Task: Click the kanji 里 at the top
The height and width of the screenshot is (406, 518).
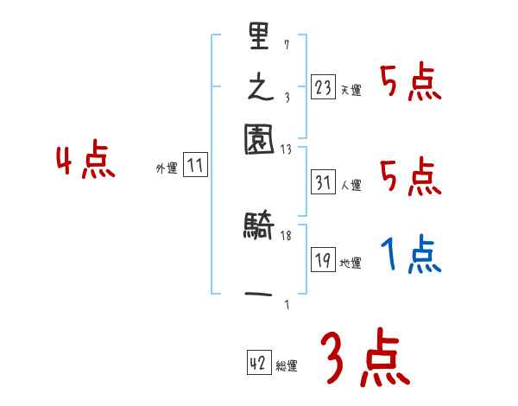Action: (x=259, y=38)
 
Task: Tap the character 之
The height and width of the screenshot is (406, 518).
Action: (x=259, y=87)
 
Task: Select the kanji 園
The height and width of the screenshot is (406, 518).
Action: (x=259, y=137)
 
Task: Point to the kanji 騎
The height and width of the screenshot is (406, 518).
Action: (x=259, y=227)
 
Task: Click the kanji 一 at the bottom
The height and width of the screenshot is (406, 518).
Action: (x=259, y=295)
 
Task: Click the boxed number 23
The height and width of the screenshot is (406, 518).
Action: (x=324, y=88)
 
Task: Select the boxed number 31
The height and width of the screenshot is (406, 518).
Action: (x=324, y=183)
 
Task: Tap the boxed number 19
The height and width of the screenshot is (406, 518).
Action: (x=324, y=261)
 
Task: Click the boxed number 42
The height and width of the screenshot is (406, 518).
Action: (x=257, y=364)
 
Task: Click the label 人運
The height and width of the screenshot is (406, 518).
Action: (x=351, y=185)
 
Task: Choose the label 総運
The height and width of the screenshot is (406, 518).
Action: (x=286, y=366)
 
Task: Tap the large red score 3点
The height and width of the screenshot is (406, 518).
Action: (x=365, y=359)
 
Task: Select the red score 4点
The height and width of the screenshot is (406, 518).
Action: (x=85, y=162)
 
